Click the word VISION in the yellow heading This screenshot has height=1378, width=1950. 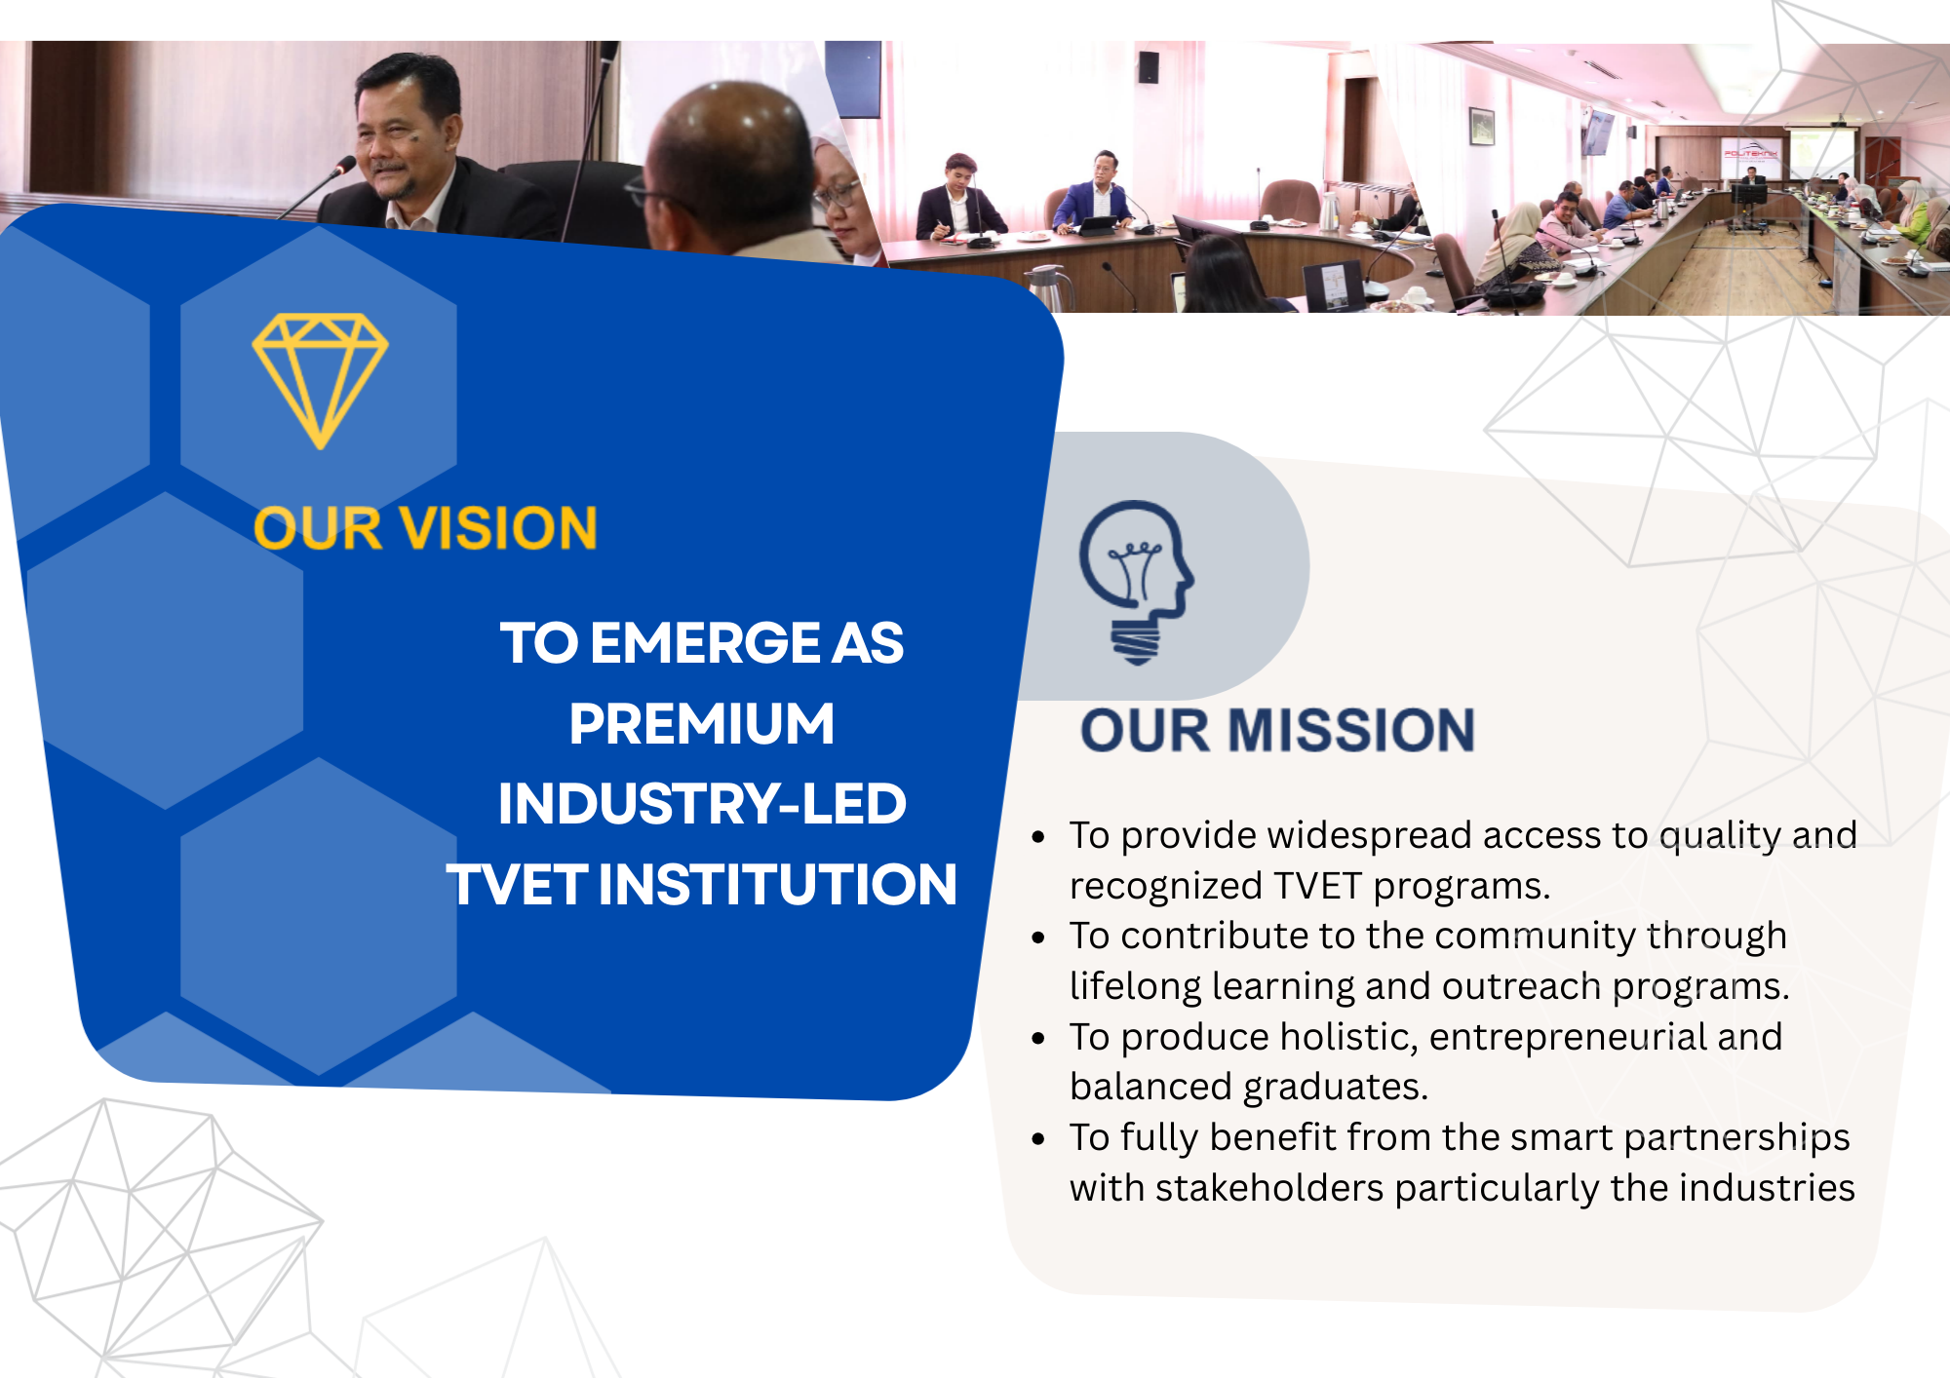[x=498, y=529]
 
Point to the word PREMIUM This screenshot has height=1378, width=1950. [x=702, y=724]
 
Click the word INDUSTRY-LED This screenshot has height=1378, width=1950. [x=702, y=804]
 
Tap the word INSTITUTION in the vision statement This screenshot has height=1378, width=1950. [x=777, y=885]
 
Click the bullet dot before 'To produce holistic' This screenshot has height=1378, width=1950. [x=1038, y=1039]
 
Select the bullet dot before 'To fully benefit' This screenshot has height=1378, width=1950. [x=1038, y=1139]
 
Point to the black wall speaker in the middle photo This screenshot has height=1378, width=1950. [x=1150, y=67]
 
